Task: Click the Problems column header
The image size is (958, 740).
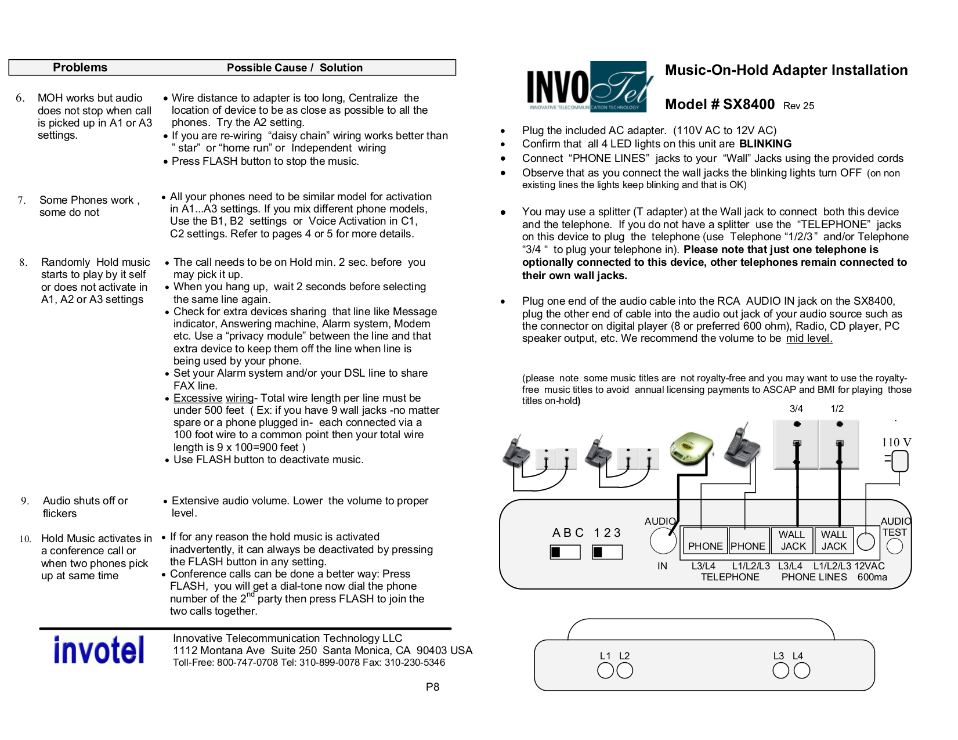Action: coord(80,67)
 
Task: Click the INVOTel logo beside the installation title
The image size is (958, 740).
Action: coord(590,86)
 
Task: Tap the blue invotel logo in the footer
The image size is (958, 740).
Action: coord(99,650)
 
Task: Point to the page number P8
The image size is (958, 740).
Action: coord(432,687)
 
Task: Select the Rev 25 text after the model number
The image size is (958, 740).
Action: coord(798,106)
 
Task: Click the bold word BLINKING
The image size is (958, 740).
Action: coord(765,144)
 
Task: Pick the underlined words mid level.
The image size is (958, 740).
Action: coord(809,338)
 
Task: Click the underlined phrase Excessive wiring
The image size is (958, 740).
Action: coord(214,398)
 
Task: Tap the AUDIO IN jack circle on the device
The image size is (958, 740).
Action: coord(663,542)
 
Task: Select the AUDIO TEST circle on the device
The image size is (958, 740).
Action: coord(894,546)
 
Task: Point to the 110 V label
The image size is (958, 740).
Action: coord(896,442)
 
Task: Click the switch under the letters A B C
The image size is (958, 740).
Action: coord(565,552)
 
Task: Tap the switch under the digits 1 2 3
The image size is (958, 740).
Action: coord(607,552)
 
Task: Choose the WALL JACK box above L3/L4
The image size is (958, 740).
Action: coord(792,540)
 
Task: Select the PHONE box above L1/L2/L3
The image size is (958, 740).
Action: coord(748,540)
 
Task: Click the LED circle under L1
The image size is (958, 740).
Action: coord(605,671)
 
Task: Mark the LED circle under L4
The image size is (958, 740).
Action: coord(801,671)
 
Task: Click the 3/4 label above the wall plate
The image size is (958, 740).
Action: coord(796,409)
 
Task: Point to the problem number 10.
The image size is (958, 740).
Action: coord(25,539)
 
